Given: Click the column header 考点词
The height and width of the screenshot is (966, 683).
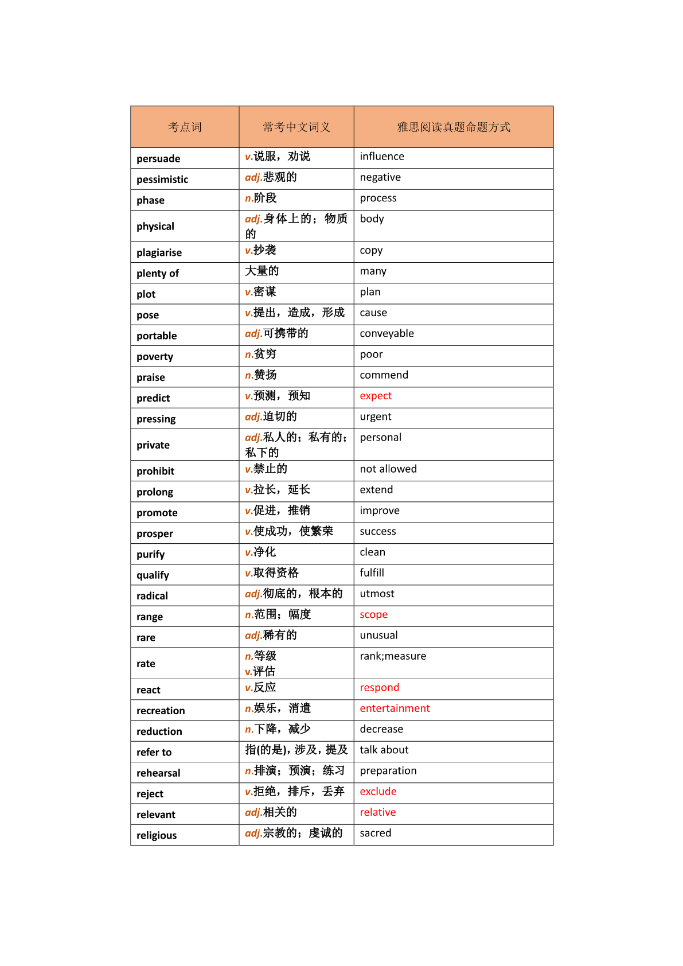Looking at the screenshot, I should (185, 127).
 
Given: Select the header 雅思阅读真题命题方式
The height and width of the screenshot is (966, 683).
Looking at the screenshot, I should (453, 127).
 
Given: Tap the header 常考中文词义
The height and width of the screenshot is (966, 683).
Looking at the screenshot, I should (296, 127).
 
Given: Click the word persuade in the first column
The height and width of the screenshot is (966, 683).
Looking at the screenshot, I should (158, 159).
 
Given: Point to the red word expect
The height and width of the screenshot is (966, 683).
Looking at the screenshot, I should (376, 396).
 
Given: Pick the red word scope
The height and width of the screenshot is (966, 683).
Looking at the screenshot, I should (374, 614).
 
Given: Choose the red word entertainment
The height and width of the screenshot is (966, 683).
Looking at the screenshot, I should (395, 708).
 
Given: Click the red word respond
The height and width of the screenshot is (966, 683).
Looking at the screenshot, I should (379, 688).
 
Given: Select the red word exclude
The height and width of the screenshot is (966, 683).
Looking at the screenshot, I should (378, 792).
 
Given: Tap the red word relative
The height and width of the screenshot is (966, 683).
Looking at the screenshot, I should (377, 812).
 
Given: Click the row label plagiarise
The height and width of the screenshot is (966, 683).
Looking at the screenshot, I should (159, 253).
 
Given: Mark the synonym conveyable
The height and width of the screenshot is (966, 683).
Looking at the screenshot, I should (387, 334).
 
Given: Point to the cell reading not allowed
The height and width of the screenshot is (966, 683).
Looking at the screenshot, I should (388, 469).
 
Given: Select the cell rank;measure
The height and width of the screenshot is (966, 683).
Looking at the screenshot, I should (393, 656).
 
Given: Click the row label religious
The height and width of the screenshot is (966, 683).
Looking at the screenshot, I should (157, 836).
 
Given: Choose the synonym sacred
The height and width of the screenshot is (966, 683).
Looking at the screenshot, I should (376, 833).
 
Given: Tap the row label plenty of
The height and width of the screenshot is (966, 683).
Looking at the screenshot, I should (158, 274).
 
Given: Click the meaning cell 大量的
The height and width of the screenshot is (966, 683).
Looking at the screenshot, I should (262, 271).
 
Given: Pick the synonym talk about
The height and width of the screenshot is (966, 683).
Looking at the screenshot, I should (384, 750).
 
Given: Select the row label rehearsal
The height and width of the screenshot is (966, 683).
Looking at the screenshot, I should (158, 773).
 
